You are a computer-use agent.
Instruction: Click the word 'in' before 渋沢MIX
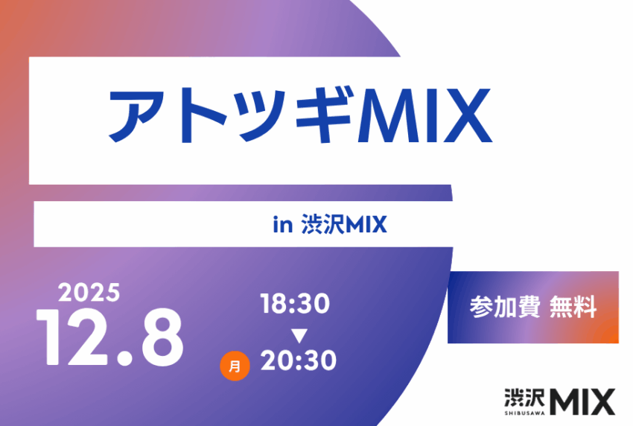point(281,224)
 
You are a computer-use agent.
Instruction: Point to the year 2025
point(89,292)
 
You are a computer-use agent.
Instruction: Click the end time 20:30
point(298,361)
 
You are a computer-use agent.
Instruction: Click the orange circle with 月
point(235,366)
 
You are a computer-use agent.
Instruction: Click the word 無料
point(573,307)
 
